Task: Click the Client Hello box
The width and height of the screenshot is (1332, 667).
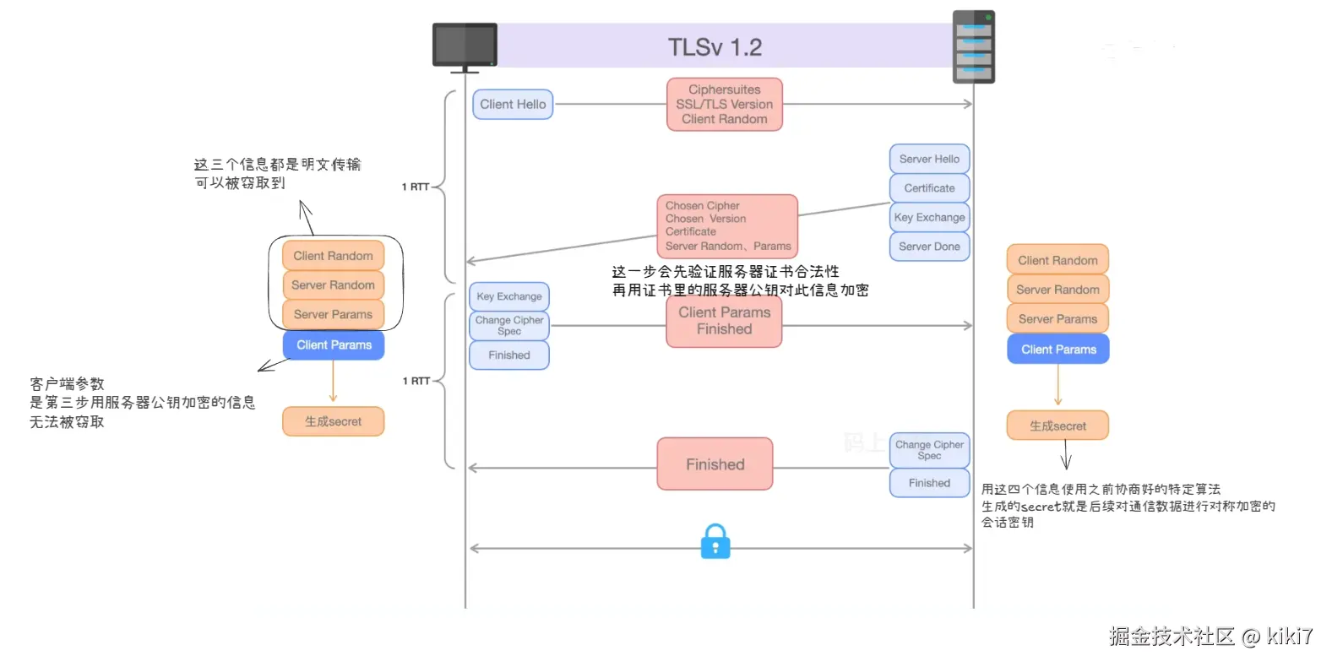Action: (x=513, y=105)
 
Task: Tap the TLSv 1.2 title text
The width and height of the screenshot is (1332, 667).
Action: (x=715, y=47)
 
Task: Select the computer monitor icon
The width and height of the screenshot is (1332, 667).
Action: (x=465, y=46)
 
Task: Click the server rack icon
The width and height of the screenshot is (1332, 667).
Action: (x=973, y=47)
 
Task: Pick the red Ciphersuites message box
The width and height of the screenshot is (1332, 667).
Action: (x=724, y=105)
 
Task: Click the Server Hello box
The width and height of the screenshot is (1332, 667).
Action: (x=929, y=159)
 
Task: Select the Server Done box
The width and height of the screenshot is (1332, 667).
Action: (x=929, y=247)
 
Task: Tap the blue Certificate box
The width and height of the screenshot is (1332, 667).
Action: (x=929, y=188)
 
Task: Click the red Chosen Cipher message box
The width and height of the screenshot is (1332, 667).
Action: (x=727, y=226)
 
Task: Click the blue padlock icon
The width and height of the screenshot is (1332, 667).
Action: (x=715, y=541)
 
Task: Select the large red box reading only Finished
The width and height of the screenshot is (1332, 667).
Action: (x=715, y=464)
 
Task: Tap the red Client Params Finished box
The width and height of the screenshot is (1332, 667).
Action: (x=724, y=321)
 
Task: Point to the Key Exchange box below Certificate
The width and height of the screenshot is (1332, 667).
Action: (x=929, y=217)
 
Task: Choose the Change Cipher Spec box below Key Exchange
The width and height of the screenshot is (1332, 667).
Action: (x=509, y=326)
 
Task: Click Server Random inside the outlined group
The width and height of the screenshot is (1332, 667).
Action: (x=333, y=285)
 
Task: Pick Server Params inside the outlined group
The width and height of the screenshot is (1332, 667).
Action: (x=333, y=315)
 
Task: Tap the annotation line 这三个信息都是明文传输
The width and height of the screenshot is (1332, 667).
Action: (x=277, y=165)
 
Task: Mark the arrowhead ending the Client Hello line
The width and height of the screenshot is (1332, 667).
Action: (x=969, y=105)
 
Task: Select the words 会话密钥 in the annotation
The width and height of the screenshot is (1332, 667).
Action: (x=1007, y=523)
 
